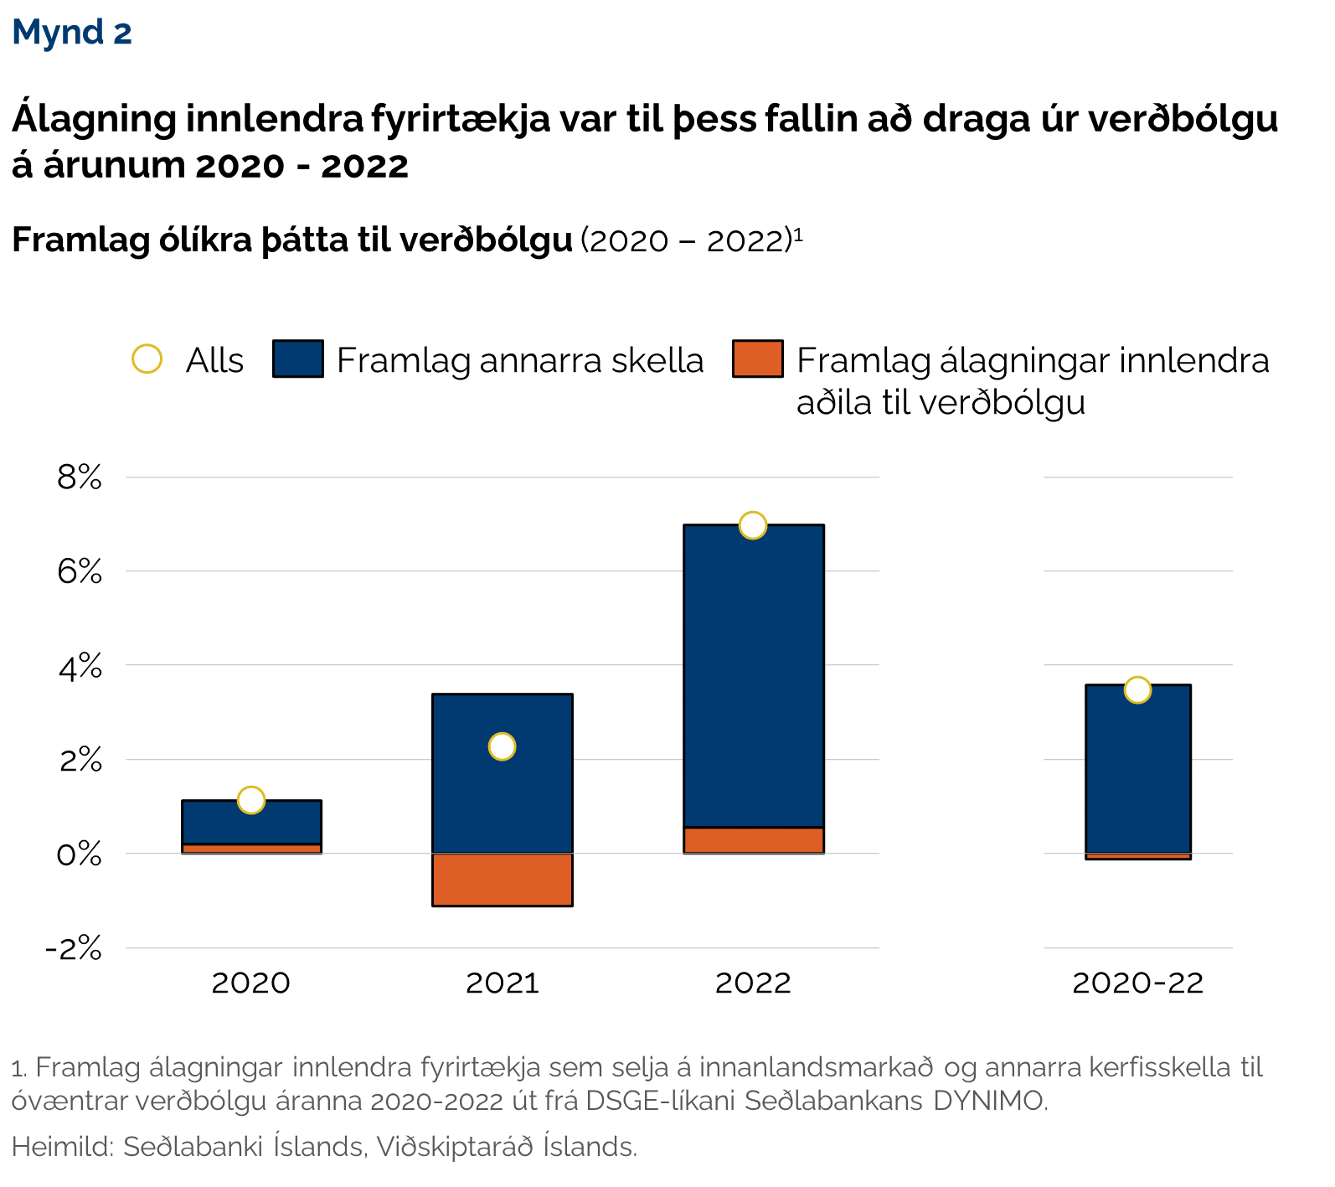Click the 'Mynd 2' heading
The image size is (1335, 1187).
pyautogui.click(x=72, y=33)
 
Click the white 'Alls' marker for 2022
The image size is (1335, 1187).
pyautogui.click(x=753, y=525)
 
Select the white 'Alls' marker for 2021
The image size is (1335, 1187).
pyautogui.click(x=502, y=746)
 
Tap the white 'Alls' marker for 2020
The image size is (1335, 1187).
pyautogui.click(x=251, y=800)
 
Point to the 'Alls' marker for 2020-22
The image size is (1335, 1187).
pyautogui.click(x=1137, y=690)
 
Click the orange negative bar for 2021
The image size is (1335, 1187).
pyautogui.click(x=502, y=880)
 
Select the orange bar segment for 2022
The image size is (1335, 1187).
pyautogui.click(x=753, y=840)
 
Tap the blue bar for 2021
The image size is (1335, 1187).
pyautogui.click(x=502, y=796)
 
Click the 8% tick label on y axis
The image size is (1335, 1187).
pyautogui.click(x=80, y=478)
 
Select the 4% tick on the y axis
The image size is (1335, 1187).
pyautogui.click(x=80, y=667)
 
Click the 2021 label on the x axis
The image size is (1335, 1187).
pyautogui.click(x=502, y=983)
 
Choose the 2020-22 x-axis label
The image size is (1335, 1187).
pyautogui.click(x=1137, y=983)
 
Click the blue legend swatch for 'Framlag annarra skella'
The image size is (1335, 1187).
pyautogui.click(x=298, y=359)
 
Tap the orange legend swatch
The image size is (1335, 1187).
pyautogui.click(x=757, y=359)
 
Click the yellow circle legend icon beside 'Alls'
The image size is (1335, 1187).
pyautogui.click(x=147, y=359)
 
